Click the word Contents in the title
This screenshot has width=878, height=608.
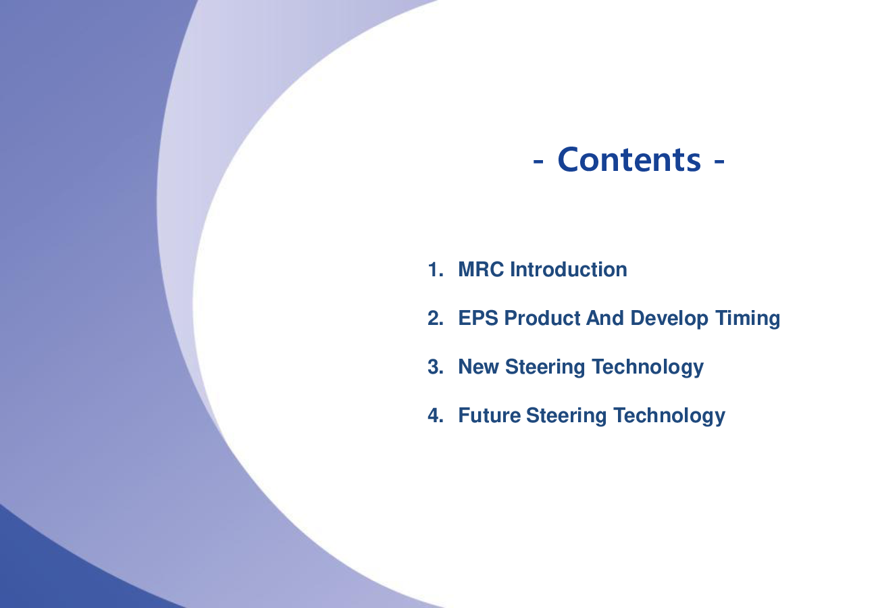click(x=629, y=159)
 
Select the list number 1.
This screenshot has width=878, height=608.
click(x=435, y=270)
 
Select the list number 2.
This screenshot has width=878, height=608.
click(x=435, y=318)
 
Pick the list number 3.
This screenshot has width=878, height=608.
click(x=435, y=367)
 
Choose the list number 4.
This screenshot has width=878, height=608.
click(x=435, y=415)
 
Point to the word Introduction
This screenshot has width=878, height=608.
click(x=569, y=270)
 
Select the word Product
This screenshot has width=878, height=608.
click(x=542, y=318)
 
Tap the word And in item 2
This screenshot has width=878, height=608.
click(x=604, y=318)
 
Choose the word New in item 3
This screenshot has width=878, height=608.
click(x=479, y=367)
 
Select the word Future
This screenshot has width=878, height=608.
click(x=489, y=415)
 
